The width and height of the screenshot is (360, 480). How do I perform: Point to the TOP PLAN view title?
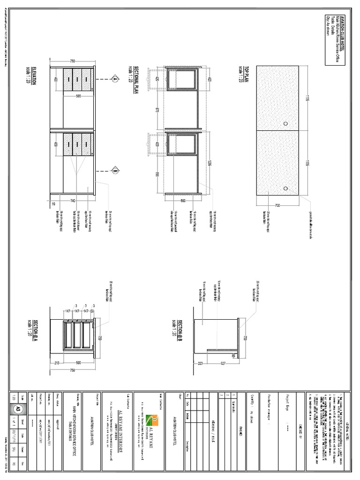click(x=241, y=74)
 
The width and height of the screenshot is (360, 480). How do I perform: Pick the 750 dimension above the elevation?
click(x=73, y=61)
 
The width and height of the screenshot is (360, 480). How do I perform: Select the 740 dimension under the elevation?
click(x=73, y=200)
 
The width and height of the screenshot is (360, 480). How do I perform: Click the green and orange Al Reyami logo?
click(x=153, y=418)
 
